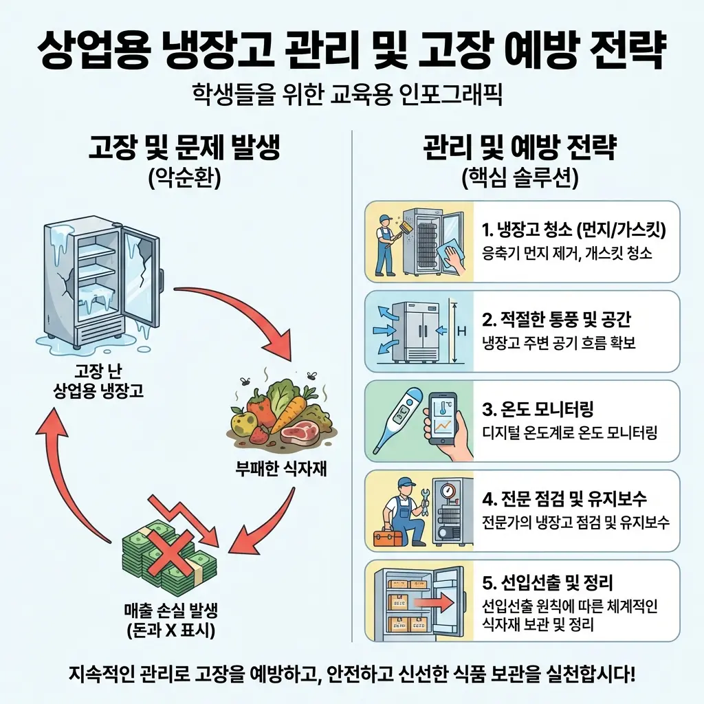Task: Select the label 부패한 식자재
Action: pos(280,470)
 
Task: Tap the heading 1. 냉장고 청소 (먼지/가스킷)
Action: pos(575,229)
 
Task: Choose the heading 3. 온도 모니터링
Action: pos(538,410)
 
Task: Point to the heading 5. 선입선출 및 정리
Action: pos(547,584)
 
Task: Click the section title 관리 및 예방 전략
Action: pos(520,148)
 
